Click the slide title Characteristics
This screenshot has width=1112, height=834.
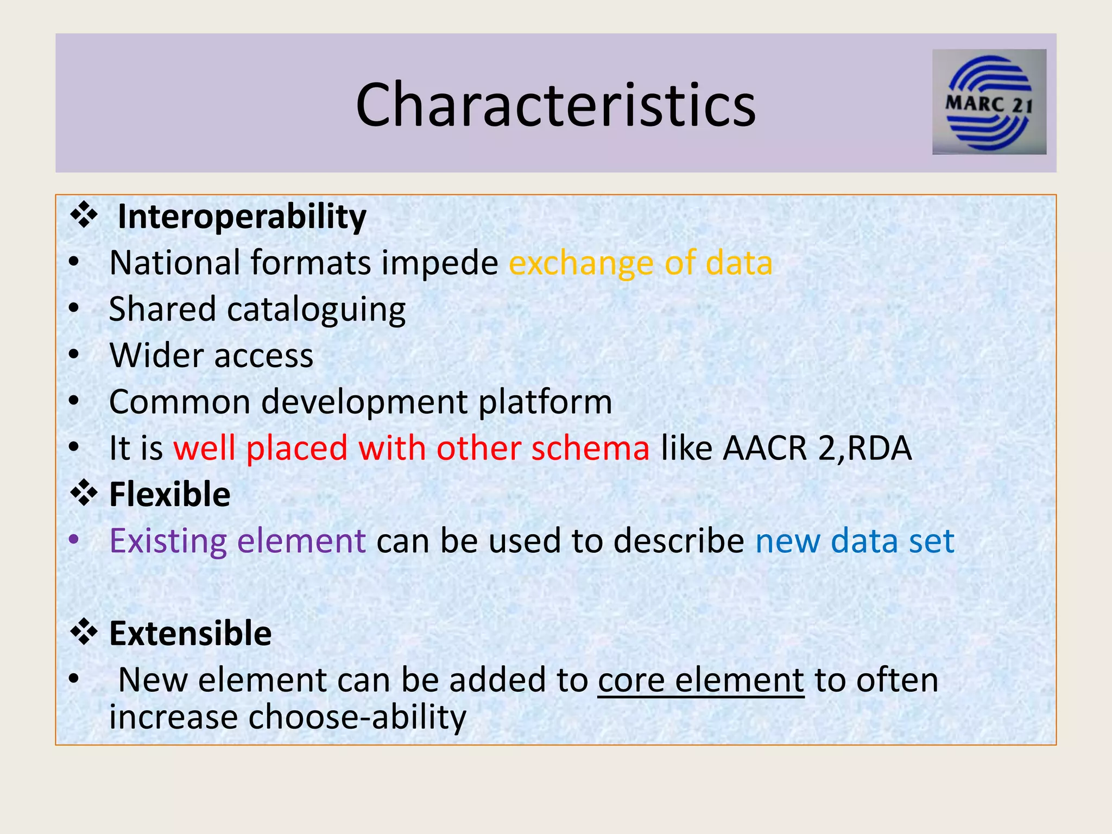click(555, 104)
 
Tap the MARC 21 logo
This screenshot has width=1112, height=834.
click(989, 102)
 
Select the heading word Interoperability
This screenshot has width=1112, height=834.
click(242, 217)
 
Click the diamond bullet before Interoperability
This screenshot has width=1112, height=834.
click(84, 215)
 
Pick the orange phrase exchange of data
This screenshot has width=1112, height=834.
click(640, 263)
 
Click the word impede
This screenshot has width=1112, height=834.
click(439, 263)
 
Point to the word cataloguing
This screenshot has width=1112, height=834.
click(316, 310)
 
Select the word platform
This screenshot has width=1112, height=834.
click(545, 402)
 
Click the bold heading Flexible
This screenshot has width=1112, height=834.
click(169, 495)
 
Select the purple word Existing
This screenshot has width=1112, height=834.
click(168, 541)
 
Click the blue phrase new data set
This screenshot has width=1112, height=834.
click(855, 541)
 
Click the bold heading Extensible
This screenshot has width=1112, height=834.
click(190, 634)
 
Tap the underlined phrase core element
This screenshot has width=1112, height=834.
click(700, 680)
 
